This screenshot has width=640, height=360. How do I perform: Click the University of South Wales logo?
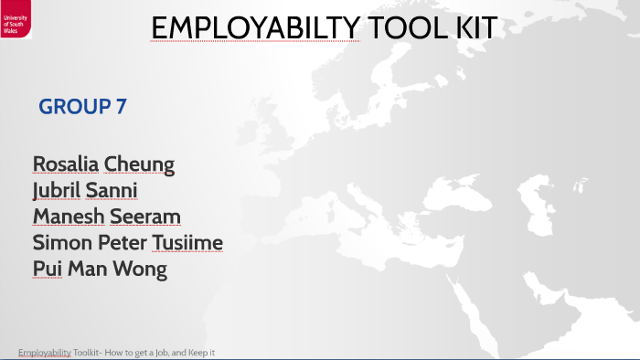(16, 19)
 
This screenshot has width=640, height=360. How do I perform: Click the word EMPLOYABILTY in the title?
(255, 28)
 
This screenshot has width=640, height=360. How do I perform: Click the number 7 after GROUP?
(121, 107)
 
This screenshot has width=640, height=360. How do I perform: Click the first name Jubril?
(57, 191)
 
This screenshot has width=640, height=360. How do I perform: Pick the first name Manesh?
(69, 217)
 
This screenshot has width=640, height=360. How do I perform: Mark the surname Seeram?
(145, 217)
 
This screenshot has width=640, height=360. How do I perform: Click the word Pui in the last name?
(48, 270)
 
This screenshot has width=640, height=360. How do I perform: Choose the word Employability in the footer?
(44, 353)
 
